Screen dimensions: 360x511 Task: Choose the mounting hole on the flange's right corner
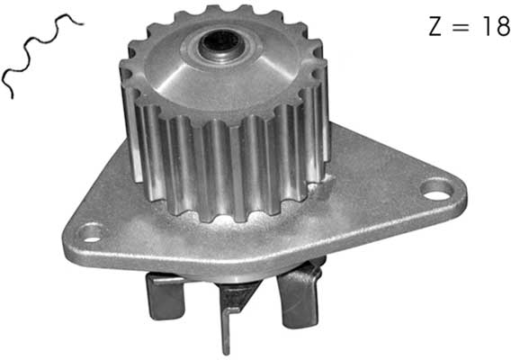pos(436,189)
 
